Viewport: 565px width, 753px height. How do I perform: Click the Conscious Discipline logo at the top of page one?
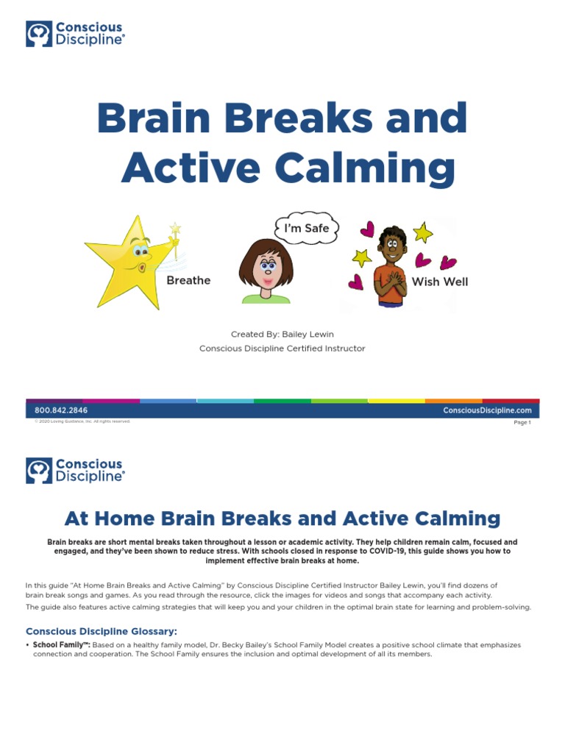point(75,34)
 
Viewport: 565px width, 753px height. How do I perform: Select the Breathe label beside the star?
point(188,280)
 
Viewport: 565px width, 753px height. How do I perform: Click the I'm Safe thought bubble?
point(307,228)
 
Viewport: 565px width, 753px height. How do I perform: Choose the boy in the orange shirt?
point(390,268)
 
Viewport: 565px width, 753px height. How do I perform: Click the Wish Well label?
point(440,282)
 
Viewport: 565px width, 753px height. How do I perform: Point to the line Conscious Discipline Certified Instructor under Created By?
point(282,349)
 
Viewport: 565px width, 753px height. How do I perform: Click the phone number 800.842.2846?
point(61,410)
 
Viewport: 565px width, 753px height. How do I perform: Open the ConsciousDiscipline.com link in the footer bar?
point(487,410)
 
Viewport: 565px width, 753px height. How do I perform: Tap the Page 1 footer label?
point(522,422)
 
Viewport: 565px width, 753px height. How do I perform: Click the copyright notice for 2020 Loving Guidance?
point(82,421)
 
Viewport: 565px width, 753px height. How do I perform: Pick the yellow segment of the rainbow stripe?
point(396,401)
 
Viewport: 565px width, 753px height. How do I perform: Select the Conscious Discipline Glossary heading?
point(102,631)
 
